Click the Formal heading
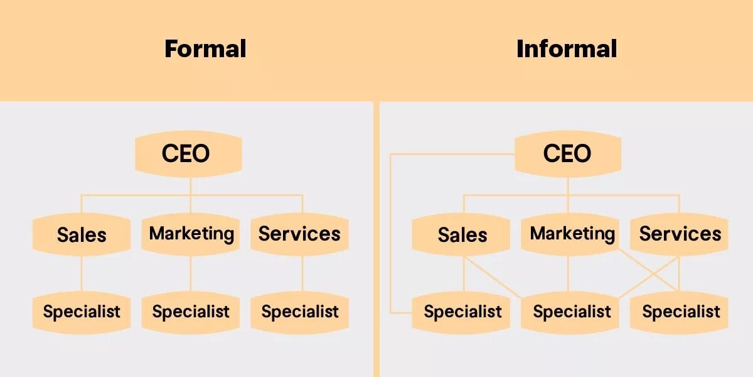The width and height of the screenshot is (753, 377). tap(205, 49)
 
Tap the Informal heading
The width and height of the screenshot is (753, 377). tap(566, 49)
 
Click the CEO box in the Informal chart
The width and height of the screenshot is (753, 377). tap(567, 153)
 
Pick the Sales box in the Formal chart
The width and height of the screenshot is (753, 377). tap(82, 234)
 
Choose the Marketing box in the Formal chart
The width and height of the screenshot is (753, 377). tap(191, 234)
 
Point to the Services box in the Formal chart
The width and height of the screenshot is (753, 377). tap(299, 234)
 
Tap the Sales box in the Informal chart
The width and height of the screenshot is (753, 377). tap(462, 234)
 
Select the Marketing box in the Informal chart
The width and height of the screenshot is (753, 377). tap(572, 234)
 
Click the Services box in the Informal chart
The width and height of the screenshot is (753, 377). tap(680, 234)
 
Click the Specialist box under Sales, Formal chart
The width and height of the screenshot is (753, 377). tap(82, 312)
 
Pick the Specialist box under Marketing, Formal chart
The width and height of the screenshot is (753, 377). tap(191, 312)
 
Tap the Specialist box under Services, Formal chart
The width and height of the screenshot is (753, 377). tap(299, 312)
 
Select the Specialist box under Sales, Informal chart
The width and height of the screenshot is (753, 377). tap(462, 312)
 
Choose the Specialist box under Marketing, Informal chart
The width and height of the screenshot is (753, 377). tap(572, 312)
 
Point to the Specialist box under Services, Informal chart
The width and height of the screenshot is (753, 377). tap(680, 312)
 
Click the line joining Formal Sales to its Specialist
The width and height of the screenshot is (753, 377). tap(82, 273)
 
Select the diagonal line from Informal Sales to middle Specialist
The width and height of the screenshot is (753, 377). tap(496, 276)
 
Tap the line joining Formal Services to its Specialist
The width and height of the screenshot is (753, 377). tap(302, 273)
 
